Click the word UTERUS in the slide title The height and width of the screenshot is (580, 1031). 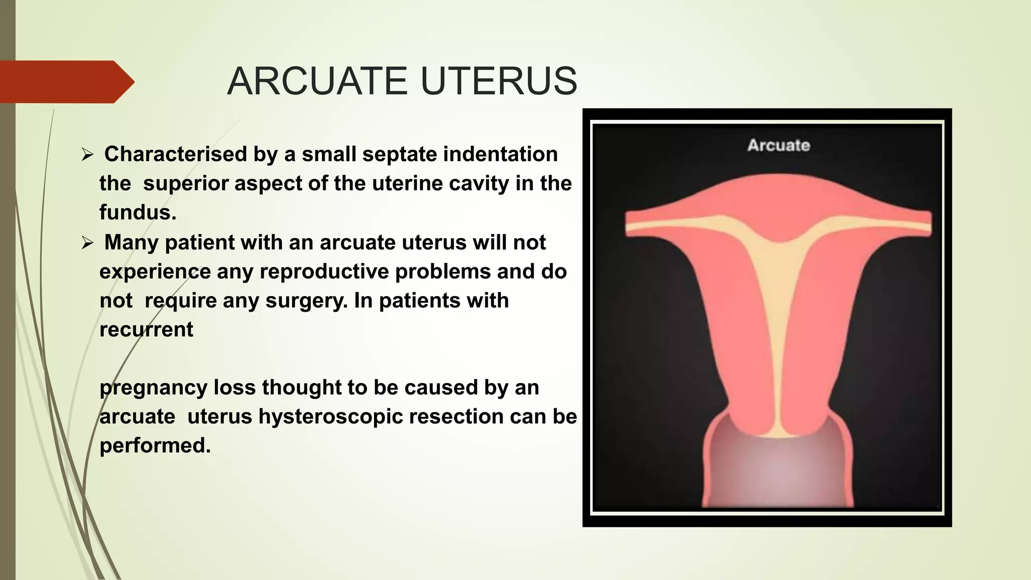coord(498,82)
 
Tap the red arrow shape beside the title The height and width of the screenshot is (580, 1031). coord(65,82)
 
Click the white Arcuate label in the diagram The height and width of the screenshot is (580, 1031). coord(778,146)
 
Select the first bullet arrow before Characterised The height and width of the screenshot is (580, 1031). coord(88,155)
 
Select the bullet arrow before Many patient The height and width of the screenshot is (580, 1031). coord(88,244)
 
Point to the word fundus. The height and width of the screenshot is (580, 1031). coord(136,212)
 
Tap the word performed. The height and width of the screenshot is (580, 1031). coord(154,446)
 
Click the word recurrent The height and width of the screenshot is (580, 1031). coord(146,330)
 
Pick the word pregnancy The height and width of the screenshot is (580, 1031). coord(154,388)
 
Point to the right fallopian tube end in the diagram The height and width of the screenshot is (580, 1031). coord(925,222)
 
